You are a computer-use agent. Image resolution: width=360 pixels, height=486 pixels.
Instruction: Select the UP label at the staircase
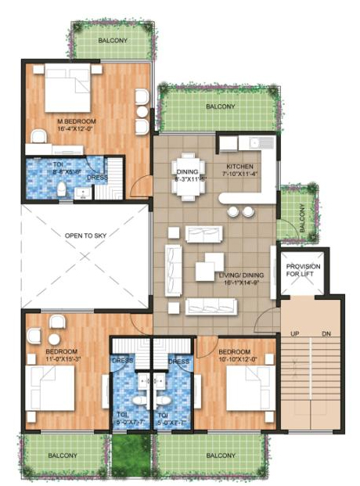[x=296, y=334]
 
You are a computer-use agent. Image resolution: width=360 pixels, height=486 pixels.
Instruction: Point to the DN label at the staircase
[x=326, y=334]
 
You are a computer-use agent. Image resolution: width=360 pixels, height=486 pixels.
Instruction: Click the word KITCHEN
[x=239, y=167]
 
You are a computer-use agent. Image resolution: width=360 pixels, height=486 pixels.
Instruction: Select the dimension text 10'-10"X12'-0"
[x=234, y=360]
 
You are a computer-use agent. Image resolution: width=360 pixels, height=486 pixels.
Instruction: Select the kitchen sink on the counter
[x=258, y=143]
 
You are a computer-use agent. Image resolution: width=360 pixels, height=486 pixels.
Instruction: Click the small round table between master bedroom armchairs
[x=142, y=111]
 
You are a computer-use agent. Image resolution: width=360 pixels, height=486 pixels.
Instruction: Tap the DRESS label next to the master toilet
[x=97, y=177]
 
